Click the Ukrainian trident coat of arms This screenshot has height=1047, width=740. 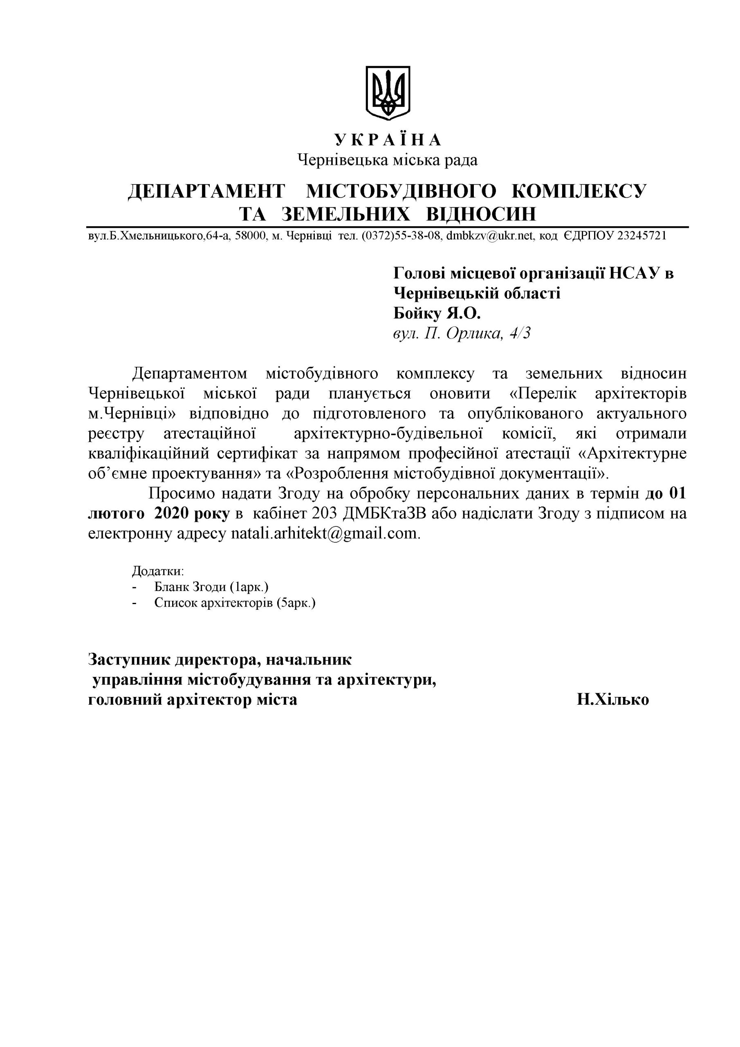tap(388, 92)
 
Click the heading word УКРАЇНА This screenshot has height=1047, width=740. tap(388, 139)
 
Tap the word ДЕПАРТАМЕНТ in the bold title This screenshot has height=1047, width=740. tap(206, 191)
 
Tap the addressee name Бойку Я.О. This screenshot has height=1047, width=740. tap(437, 313)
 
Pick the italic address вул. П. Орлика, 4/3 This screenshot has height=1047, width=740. tap(462, 334)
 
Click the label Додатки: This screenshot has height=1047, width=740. tap(158, 571)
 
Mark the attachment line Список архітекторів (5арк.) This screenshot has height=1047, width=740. tap(235, 603)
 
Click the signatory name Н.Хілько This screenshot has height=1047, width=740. tap(612, 699)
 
